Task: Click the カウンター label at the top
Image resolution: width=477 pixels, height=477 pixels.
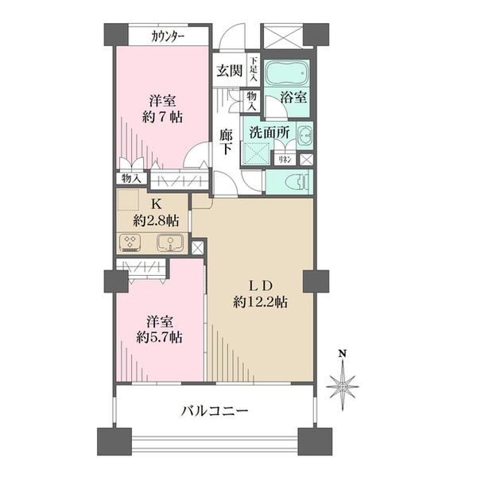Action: (x=169, y=37)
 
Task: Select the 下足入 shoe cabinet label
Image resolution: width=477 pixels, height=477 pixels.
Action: (x=253, y=69)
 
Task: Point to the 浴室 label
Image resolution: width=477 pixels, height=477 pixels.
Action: (x=293, y=99)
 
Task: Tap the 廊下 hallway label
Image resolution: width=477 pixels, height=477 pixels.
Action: (x=227, y=142)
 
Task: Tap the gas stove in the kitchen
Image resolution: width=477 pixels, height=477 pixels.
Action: (x=130, y=242)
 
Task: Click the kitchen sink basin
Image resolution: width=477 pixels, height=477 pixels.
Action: (x=169, y=242)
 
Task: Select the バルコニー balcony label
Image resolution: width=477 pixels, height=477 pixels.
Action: (x=215, y=411)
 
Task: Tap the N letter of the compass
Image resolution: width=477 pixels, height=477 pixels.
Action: (x=343, y=354)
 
